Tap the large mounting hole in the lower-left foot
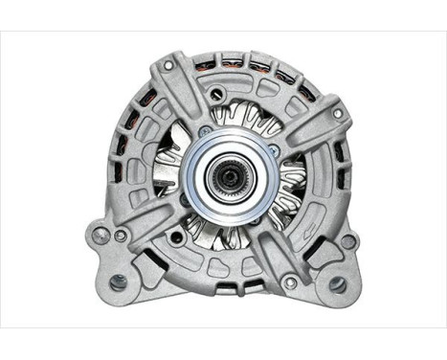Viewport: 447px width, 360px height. click(117, 282)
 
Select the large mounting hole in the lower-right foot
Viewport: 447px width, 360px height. click(337, 283)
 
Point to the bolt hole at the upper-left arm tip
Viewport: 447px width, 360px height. click(168, 65)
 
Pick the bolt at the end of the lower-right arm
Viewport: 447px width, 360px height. click(288, 281)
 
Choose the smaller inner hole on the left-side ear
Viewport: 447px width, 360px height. click(121, 236)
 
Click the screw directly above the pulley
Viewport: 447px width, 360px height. click(218, 94)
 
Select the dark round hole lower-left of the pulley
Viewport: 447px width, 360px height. click(176, 236)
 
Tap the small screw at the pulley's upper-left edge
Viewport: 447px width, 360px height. click(204, 130)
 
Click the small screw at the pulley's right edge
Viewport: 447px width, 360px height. click(274, 151)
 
